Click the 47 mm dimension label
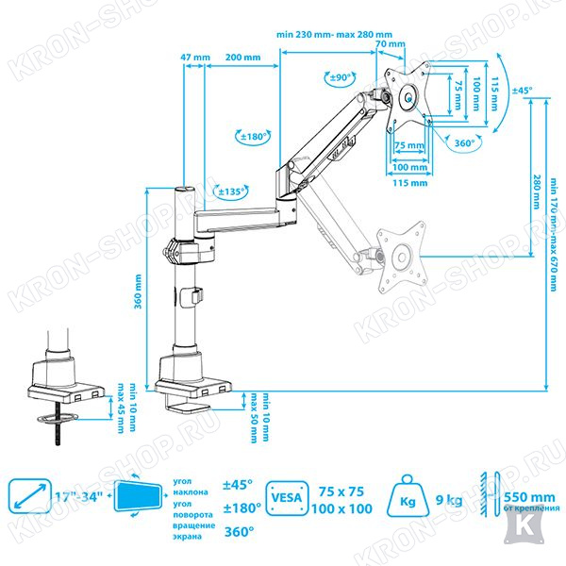[x=195, y=58]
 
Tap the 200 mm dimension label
[x=243, y=58]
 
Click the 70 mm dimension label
[x=383, y=43]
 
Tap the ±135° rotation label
[x=232, y=191]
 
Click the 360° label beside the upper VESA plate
[x=464, y=143]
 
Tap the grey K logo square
[x=520, y=535]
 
